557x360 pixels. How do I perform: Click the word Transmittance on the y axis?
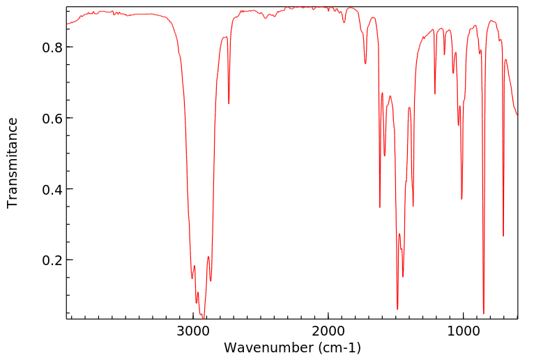13,163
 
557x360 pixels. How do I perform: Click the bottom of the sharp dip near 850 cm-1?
483,313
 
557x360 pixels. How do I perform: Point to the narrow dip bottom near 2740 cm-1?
229,103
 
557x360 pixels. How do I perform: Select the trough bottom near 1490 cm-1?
397,309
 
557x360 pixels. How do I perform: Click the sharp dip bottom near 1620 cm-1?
380,207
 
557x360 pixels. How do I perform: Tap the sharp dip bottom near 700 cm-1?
503,236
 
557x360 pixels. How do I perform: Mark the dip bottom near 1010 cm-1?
461,199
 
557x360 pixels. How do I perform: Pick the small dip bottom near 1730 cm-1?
365,63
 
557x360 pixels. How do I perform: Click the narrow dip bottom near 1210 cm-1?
435,93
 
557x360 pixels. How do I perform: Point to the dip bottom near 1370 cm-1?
413,206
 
